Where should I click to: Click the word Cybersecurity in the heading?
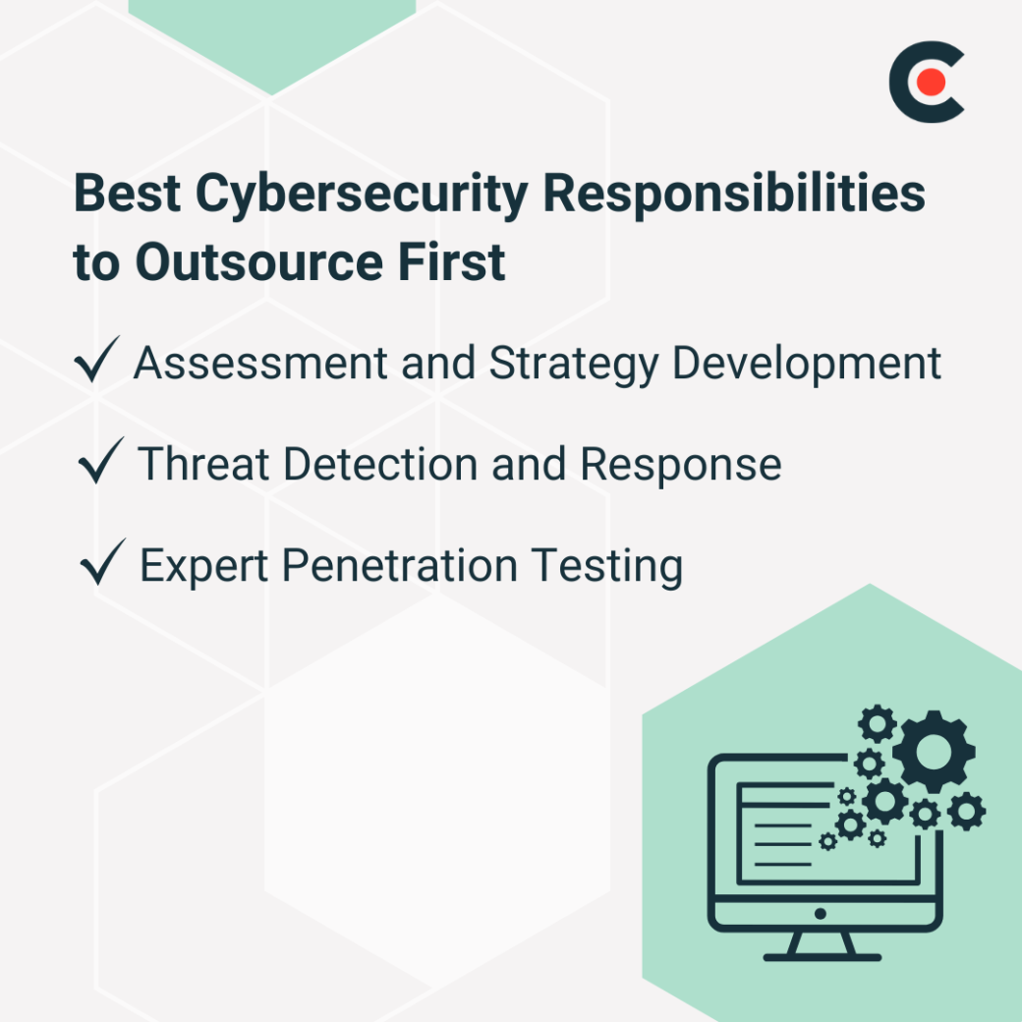pos(361,194)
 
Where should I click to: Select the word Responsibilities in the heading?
pos(735,194)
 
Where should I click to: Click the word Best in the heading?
pos(127,194)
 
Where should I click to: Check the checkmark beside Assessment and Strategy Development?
pos(97,361)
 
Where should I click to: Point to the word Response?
pos(681,466)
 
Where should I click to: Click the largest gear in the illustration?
pos(934,752)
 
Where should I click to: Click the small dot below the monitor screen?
pos(822,913)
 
